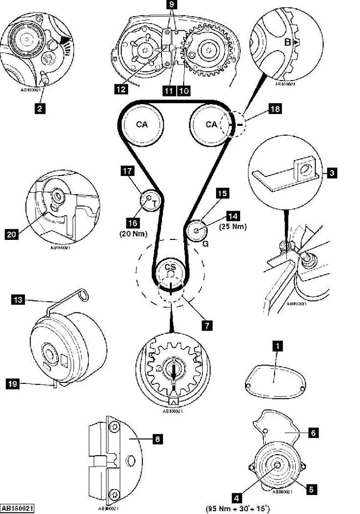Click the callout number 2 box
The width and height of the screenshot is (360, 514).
point(40,109)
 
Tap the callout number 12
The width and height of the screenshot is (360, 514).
point(122,89)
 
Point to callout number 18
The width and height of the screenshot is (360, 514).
point(276,109)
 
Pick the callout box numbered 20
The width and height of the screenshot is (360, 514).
point(11,235)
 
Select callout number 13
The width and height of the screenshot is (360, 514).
point(17,300)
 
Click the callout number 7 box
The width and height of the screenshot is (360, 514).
point(207,325)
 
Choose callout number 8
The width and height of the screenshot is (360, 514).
point(157,439)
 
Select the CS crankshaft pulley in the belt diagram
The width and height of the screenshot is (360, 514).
point(170,269)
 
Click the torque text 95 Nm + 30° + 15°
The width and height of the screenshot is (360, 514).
point(237,508)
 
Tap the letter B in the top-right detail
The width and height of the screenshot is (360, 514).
point(287,42)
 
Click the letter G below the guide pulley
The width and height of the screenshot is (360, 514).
point(205,243)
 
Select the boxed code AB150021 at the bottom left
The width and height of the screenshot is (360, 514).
point(17,508)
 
